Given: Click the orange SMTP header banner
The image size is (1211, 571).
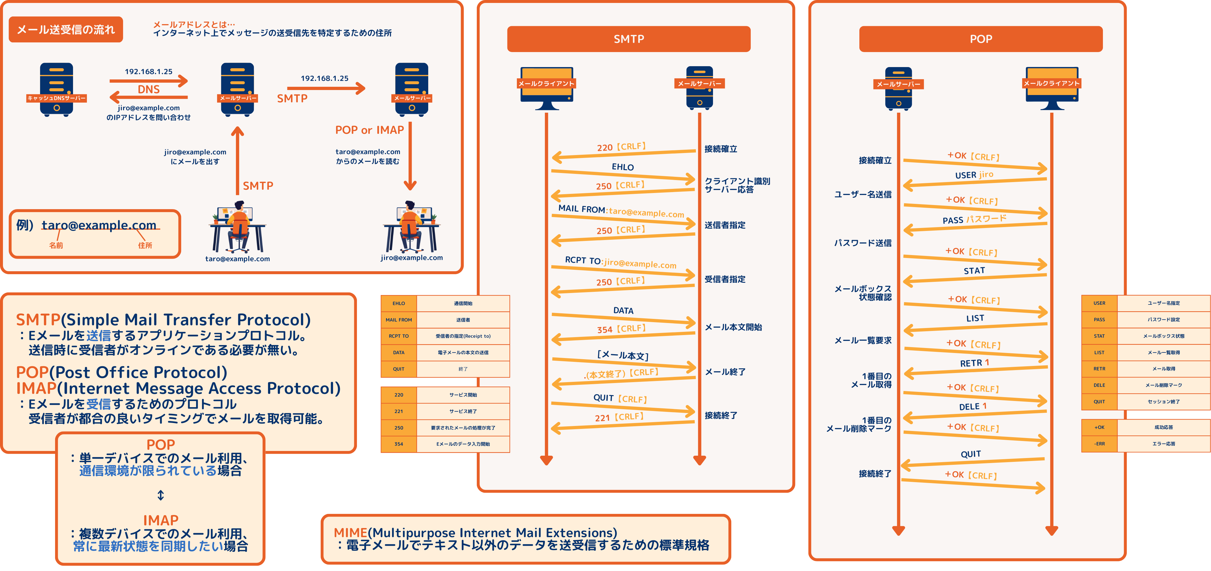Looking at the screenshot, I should tap(628, 39).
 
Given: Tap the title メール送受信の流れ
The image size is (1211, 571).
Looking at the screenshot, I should tap(66, 30).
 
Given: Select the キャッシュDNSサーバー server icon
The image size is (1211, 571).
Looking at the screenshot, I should tap(57, 89).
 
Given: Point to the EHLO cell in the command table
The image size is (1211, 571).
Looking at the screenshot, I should tap(399, 303).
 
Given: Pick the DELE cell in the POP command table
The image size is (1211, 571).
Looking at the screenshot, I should tap(1099, 385).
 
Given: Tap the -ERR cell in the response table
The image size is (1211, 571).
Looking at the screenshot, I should tap(1099, 444).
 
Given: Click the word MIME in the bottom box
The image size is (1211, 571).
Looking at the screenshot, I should tap(350, 532).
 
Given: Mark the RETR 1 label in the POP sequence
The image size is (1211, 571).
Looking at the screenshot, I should tap(974, 363).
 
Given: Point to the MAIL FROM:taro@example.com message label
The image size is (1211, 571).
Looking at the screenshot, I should tap(621, 211).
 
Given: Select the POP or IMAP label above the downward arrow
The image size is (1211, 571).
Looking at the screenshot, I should tap(370, 130).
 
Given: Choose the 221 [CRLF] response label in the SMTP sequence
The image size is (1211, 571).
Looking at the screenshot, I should tap(619, 417).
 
